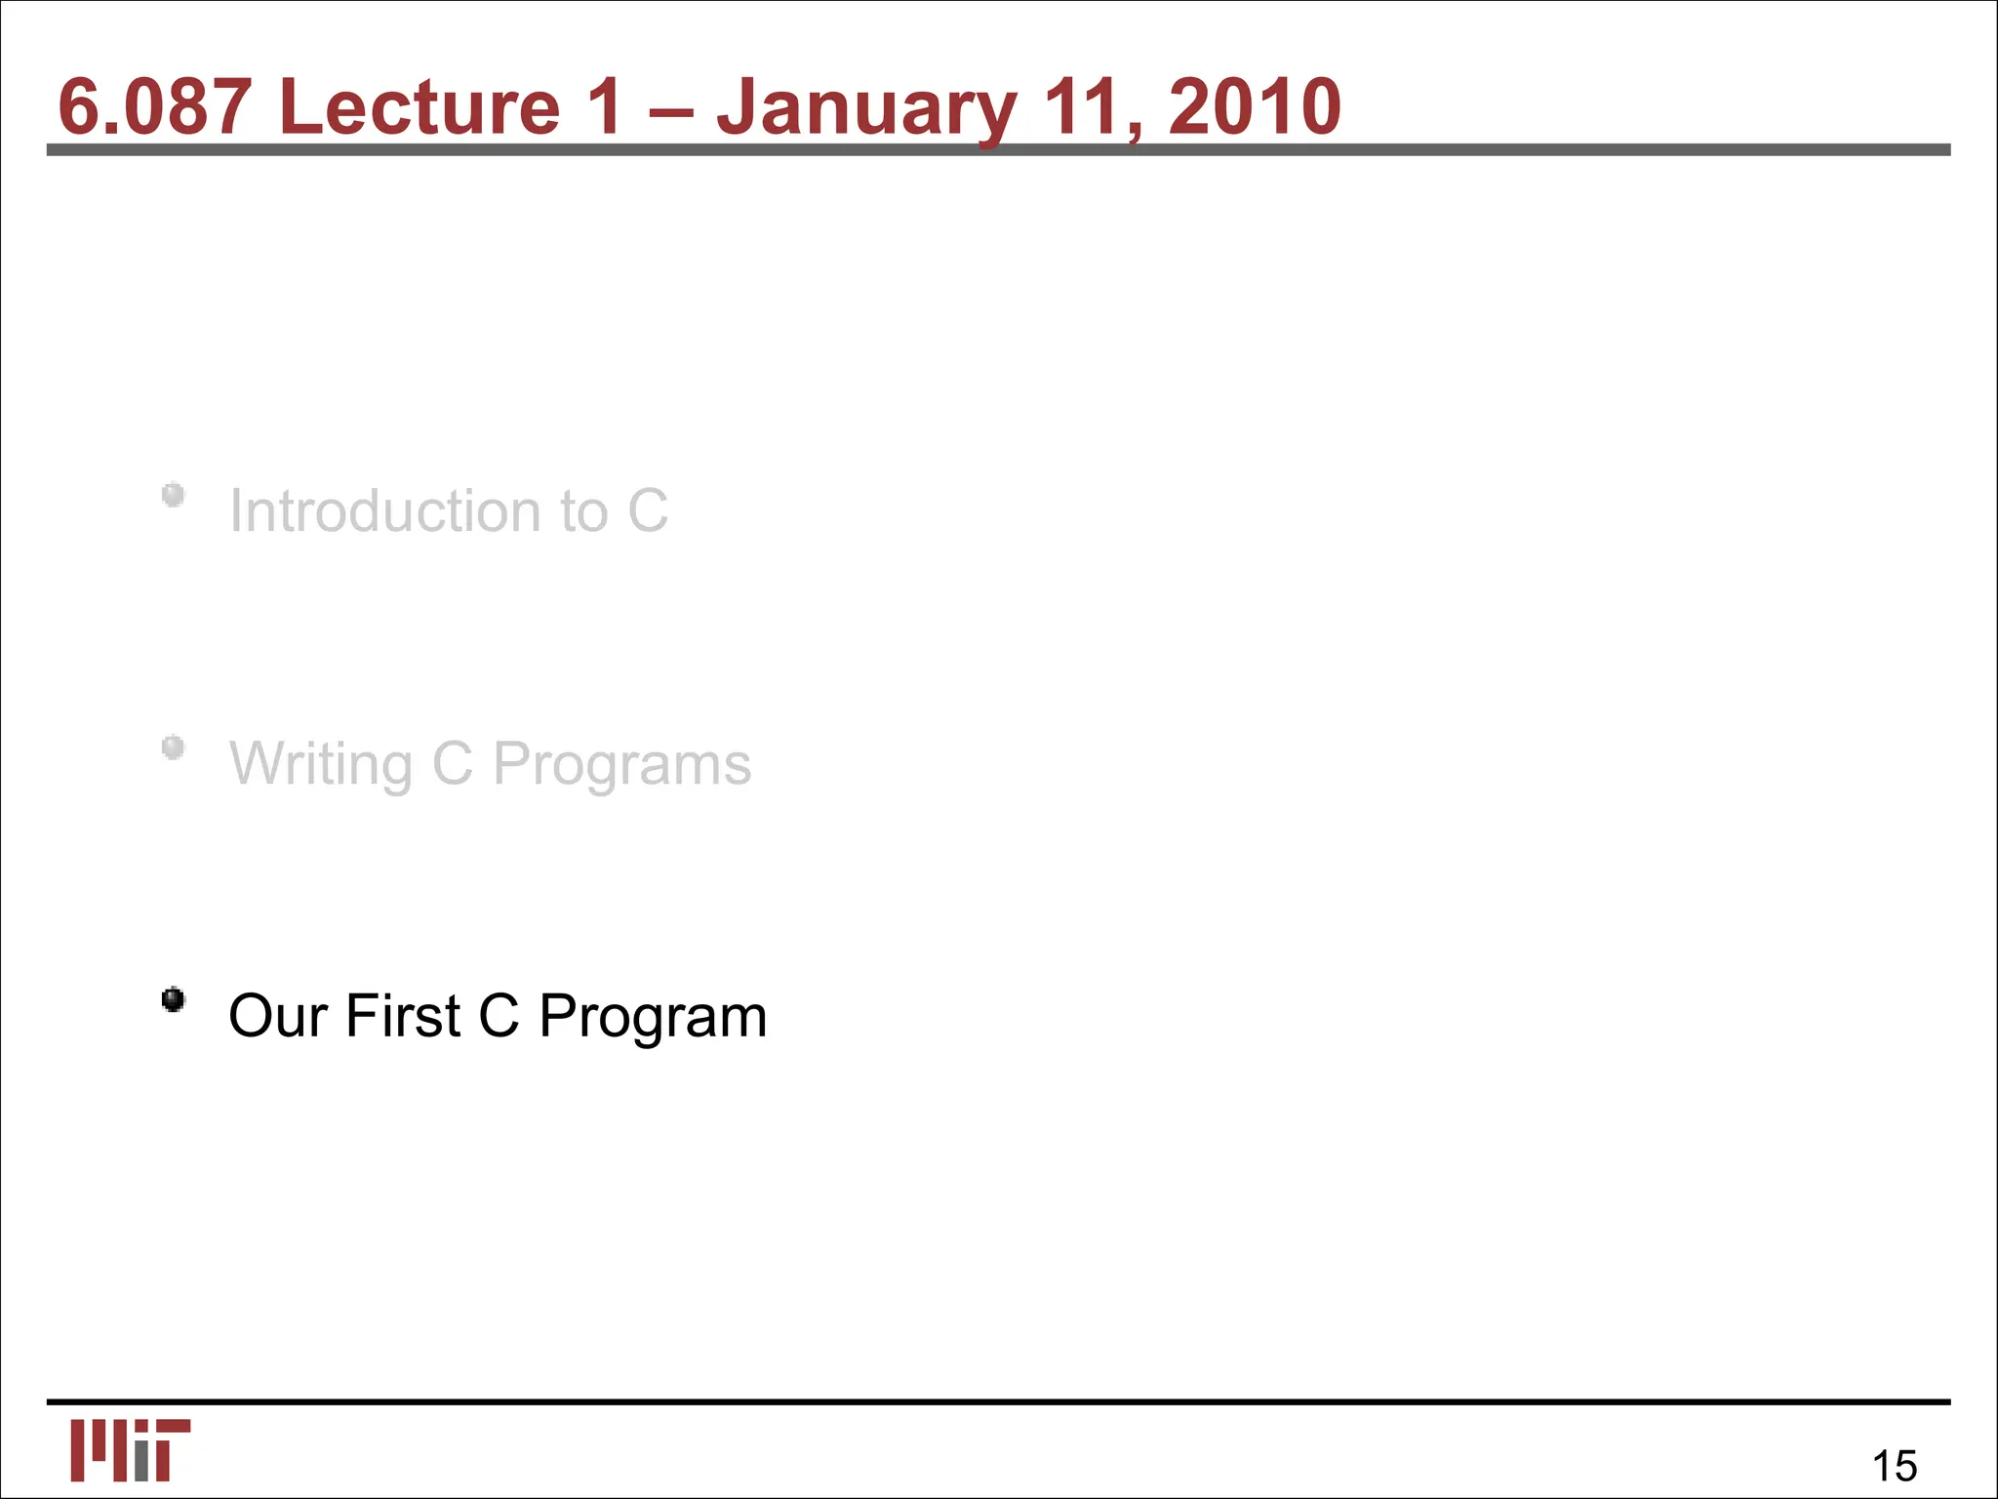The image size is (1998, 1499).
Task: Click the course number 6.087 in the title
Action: [x=154, y=106]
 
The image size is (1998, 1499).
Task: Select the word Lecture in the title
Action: [x=420, y=106]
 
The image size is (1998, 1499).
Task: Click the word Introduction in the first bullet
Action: [x=385, y=510]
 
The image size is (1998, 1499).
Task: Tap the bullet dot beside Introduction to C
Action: [x=174, y=496]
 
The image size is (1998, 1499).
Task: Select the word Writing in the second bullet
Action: [x=320, y=764]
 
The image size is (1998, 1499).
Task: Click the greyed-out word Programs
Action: [x=621, y=764]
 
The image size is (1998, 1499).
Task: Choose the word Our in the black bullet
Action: [x=277, y=1016]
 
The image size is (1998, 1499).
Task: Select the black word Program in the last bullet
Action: [x=653, y=1018]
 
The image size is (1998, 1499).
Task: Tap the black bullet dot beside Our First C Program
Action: [x=174, y=1000]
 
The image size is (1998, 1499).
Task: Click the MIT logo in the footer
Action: [x=130, y=1450]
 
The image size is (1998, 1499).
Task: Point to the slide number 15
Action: [x=1894, y=1466]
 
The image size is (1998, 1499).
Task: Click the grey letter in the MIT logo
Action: [x=142, y=1458]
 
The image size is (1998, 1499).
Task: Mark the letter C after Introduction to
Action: [x=648, y=510]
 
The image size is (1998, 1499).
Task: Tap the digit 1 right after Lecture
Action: [x=604, y=106]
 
